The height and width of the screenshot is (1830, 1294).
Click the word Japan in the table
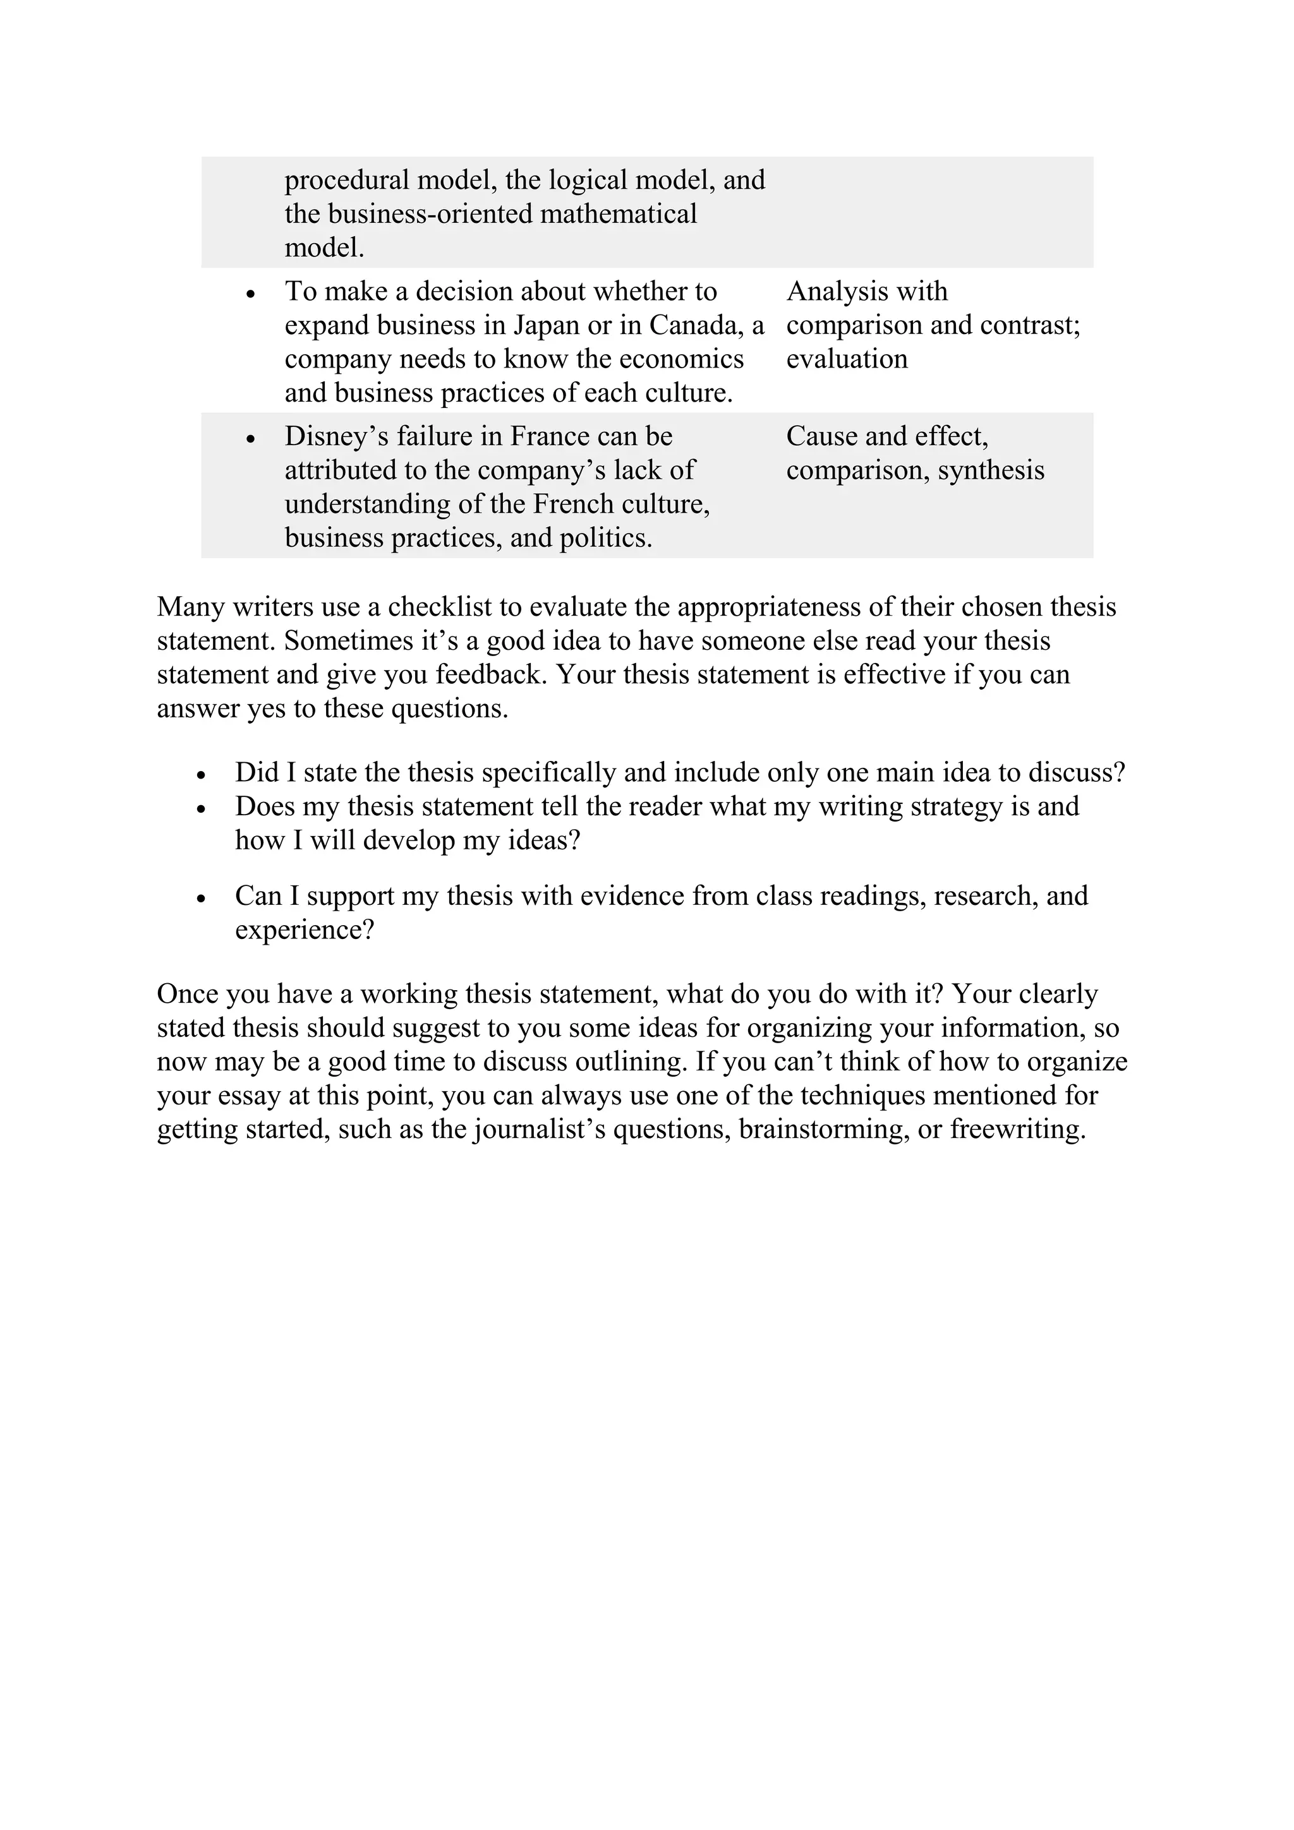pyautogui.click(x=547, y=325)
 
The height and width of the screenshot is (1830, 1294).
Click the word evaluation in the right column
pyautogui.click(x=847, y=359)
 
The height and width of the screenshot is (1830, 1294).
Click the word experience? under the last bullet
pyautogui.click(x=305, y=930)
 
